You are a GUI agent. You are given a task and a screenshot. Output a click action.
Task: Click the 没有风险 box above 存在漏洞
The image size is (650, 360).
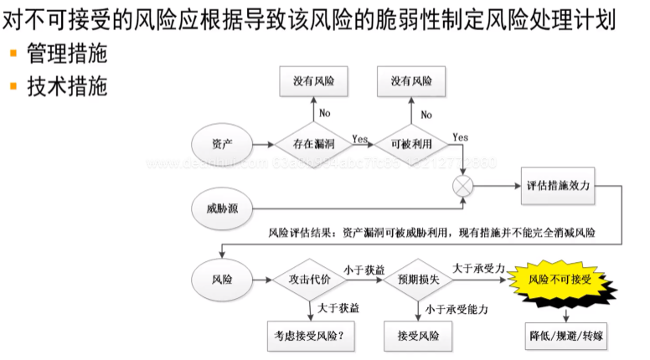pyautogui.click(x=313, y=81)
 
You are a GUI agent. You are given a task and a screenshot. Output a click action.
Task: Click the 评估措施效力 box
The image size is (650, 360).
pyautogui.click(x=560, y=186)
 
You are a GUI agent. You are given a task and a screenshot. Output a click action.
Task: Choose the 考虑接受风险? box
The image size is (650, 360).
pyautogui.click(x=303, y=336)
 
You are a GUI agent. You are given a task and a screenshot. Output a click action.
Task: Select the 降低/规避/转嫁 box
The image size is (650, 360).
pyautogui.click(x=566, y=336)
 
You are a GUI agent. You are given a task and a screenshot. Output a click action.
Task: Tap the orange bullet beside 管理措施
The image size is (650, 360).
pyautogui.click(x=13, y=54)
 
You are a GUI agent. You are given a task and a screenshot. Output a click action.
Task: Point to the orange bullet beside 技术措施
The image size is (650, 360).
pyautogui.click(x=13, y=85)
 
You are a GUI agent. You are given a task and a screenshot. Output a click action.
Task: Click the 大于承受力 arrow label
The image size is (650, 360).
pyautogui.click(x=478, y=267)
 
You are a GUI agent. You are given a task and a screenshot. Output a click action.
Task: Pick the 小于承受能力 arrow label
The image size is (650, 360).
pyautogui.click(x=457, y=310)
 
